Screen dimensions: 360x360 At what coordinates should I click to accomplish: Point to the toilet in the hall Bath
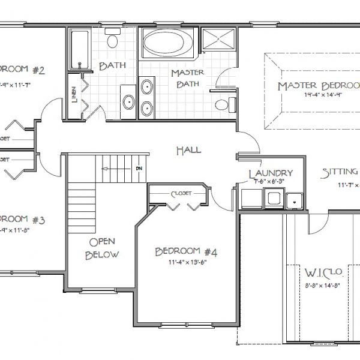pyautogui.click(x=112, y=41)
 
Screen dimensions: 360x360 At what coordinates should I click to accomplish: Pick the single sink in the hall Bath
pyautogui.click(x=128, y=101)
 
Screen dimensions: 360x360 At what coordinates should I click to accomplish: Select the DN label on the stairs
pyautogui.click(x=139, y=169)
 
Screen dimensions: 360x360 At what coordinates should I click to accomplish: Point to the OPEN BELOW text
pyautogui.click(x=103, y=248)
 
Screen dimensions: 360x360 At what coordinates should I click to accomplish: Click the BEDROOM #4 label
pyautogui.click(x=185, y=251)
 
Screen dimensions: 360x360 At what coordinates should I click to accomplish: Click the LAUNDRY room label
pyautogui.click(x=271, y=174)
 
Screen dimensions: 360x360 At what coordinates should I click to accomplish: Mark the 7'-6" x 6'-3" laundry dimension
pyautogui.click(x=270, y=183)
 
